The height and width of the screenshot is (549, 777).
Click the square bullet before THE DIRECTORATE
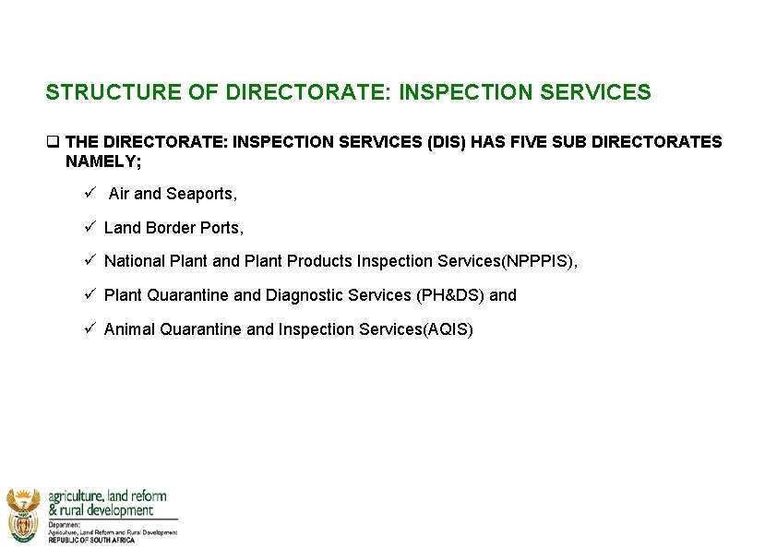(x=53, y=142)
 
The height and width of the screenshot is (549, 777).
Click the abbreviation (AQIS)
(x=448, y=329)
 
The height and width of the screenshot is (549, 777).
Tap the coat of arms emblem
(x=23, y=514)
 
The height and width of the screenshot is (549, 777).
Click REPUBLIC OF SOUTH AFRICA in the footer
(x=91, y=540)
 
